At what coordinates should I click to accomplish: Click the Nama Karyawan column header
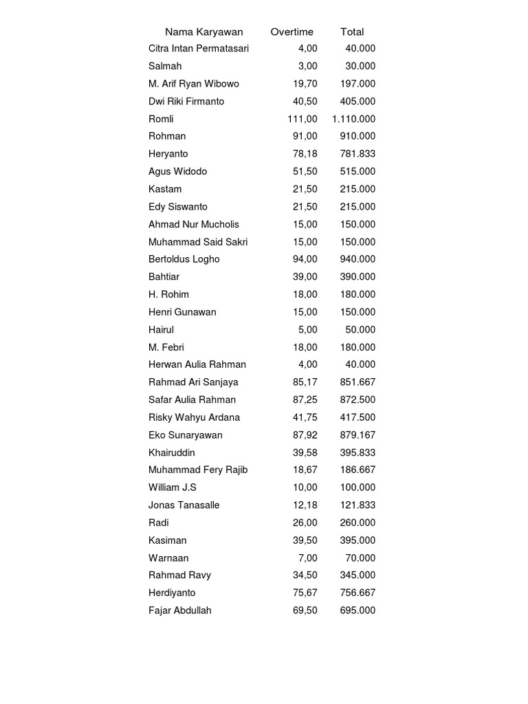pyautogui.click(x=203, y=32)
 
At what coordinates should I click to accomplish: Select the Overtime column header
pyautogui.click(x=291, y=32)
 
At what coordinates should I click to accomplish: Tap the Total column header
pyautogui.click(x=352, y=32)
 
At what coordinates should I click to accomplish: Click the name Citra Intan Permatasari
pyautogui.click(x=199, y=49)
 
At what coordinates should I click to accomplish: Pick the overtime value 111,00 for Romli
pyautogui.click(x=302, y=119)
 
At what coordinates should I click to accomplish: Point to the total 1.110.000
pyautogui.click(x=353, y=119)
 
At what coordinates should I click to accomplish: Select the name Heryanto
pyautogui.click(x=168, y=154)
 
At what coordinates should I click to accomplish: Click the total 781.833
pyautogui.click(x=357, y=154)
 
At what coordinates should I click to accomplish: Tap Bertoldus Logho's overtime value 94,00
pyautogui.click(x=305, y=259)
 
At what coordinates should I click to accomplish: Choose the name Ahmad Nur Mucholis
pyautogui.click(x=194, y=224)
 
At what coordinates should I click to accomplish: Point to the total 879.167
pyautogui.click(x=357, y=435)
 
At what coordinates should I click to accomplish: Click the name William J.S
pyautogui.click(x=173, y=487)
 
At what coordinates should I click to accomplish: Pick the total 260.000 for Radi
pyautogui.click(x=357, y=522)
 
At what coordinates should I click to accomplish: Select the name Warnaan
pyautogui.click(x=168, y=558)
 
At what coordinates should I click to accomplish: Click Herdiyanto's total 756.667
pyautogui.click(x=357, y=593)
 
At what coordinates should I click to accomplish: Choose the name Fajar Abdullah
pyautogui.click(x=180, y=610)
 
